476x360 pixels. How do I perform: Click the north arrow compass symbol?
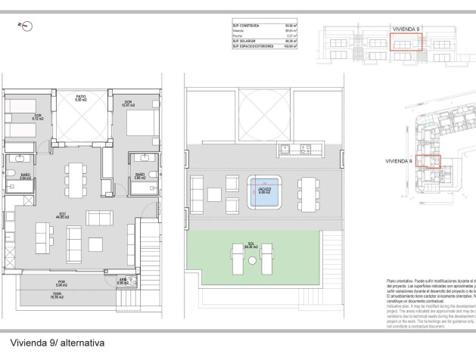click(x=27, y=26)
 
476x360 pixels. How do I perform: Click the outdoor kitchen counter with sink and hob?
click(x=296, y=148)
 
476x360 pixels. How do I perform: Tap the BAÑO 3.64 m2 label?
click(x=25, y=178)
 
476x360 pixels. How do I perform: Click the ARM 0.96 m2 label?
click(x=122, y=281)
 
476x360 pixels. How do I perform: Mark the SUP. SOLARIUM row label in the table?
click(x=245, y=41)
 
